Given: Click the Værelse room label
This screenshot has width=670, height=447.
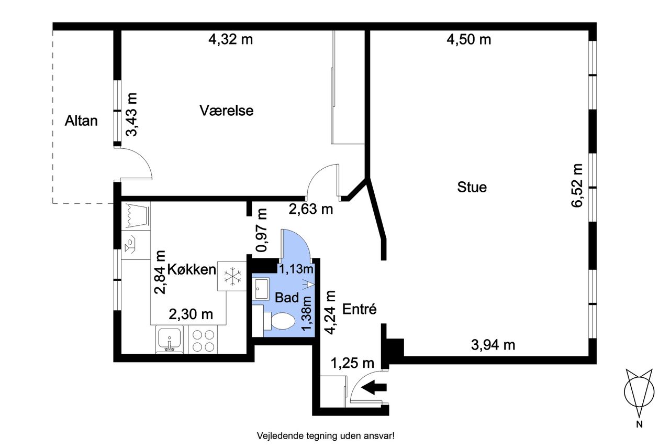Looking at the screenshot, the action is click(x=227, y=111).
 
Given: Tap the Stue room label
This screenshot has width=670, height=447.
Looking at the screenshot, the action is click(x=472, y=187).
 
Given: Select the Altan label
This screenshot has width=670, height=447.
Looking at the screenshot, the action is click(x=81, y=121).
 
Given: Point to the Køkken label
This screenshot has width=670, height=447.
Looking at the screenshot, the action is click(x=192, y=269).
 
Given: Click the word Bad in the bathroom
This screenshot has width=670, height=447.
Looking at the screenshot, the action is click(x=286, y=297).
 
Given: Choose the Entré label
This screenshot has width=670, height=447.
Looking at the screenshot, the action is click(x=359, y=309).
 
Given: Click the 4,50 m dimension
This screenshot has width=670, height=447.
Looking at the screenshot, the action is click(x=468, y=39).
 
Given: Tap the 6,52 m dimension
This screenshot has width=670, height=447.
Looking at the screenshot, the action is click(x=577, y=186).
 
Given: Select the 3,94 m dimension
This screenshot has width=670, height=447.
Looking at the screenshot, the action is click(x=493, y=345).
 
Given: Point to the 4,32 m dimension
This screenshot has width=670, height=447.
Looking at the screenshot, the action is click(x=230, y=39).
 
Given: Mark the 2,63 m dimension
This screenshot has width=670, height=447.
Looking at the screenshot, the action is click(x=310, y=209).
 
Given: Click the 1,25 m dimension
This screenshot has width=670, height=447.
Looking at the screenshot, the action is click(x=352, y=363).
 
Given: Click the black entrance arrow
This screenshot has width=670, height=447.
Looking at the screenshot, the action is click(x=374, y=387).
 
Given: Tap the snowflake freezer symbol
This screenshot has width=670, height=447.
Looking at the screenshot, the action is click(x=233, y=276).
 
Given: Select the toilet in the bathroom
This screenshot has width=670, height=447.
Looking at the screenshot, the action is click(x=280, y=321).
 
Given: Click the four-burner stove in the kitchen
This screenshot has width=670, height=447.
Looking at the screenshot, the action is click(x=203, y=341).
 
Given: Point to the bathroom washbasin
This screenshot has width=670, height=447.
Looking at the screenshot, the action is click(x=261, y=288).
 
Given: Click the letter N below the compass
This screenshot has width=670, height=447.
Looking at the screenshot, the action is click(x=639, y=424).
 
